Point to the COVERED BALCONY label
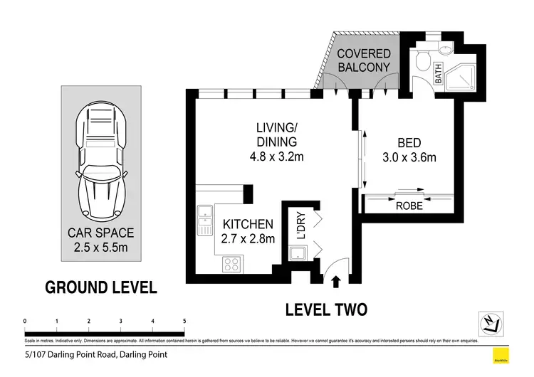coord(363,60)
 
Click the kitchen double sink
coord(204,219)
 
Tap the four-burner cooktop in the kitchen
coord(232,265)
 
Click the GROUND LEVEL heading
coord(100,287)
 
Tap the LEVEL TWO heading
coord(325,309)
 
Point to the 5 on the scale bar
coord(184,322)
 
